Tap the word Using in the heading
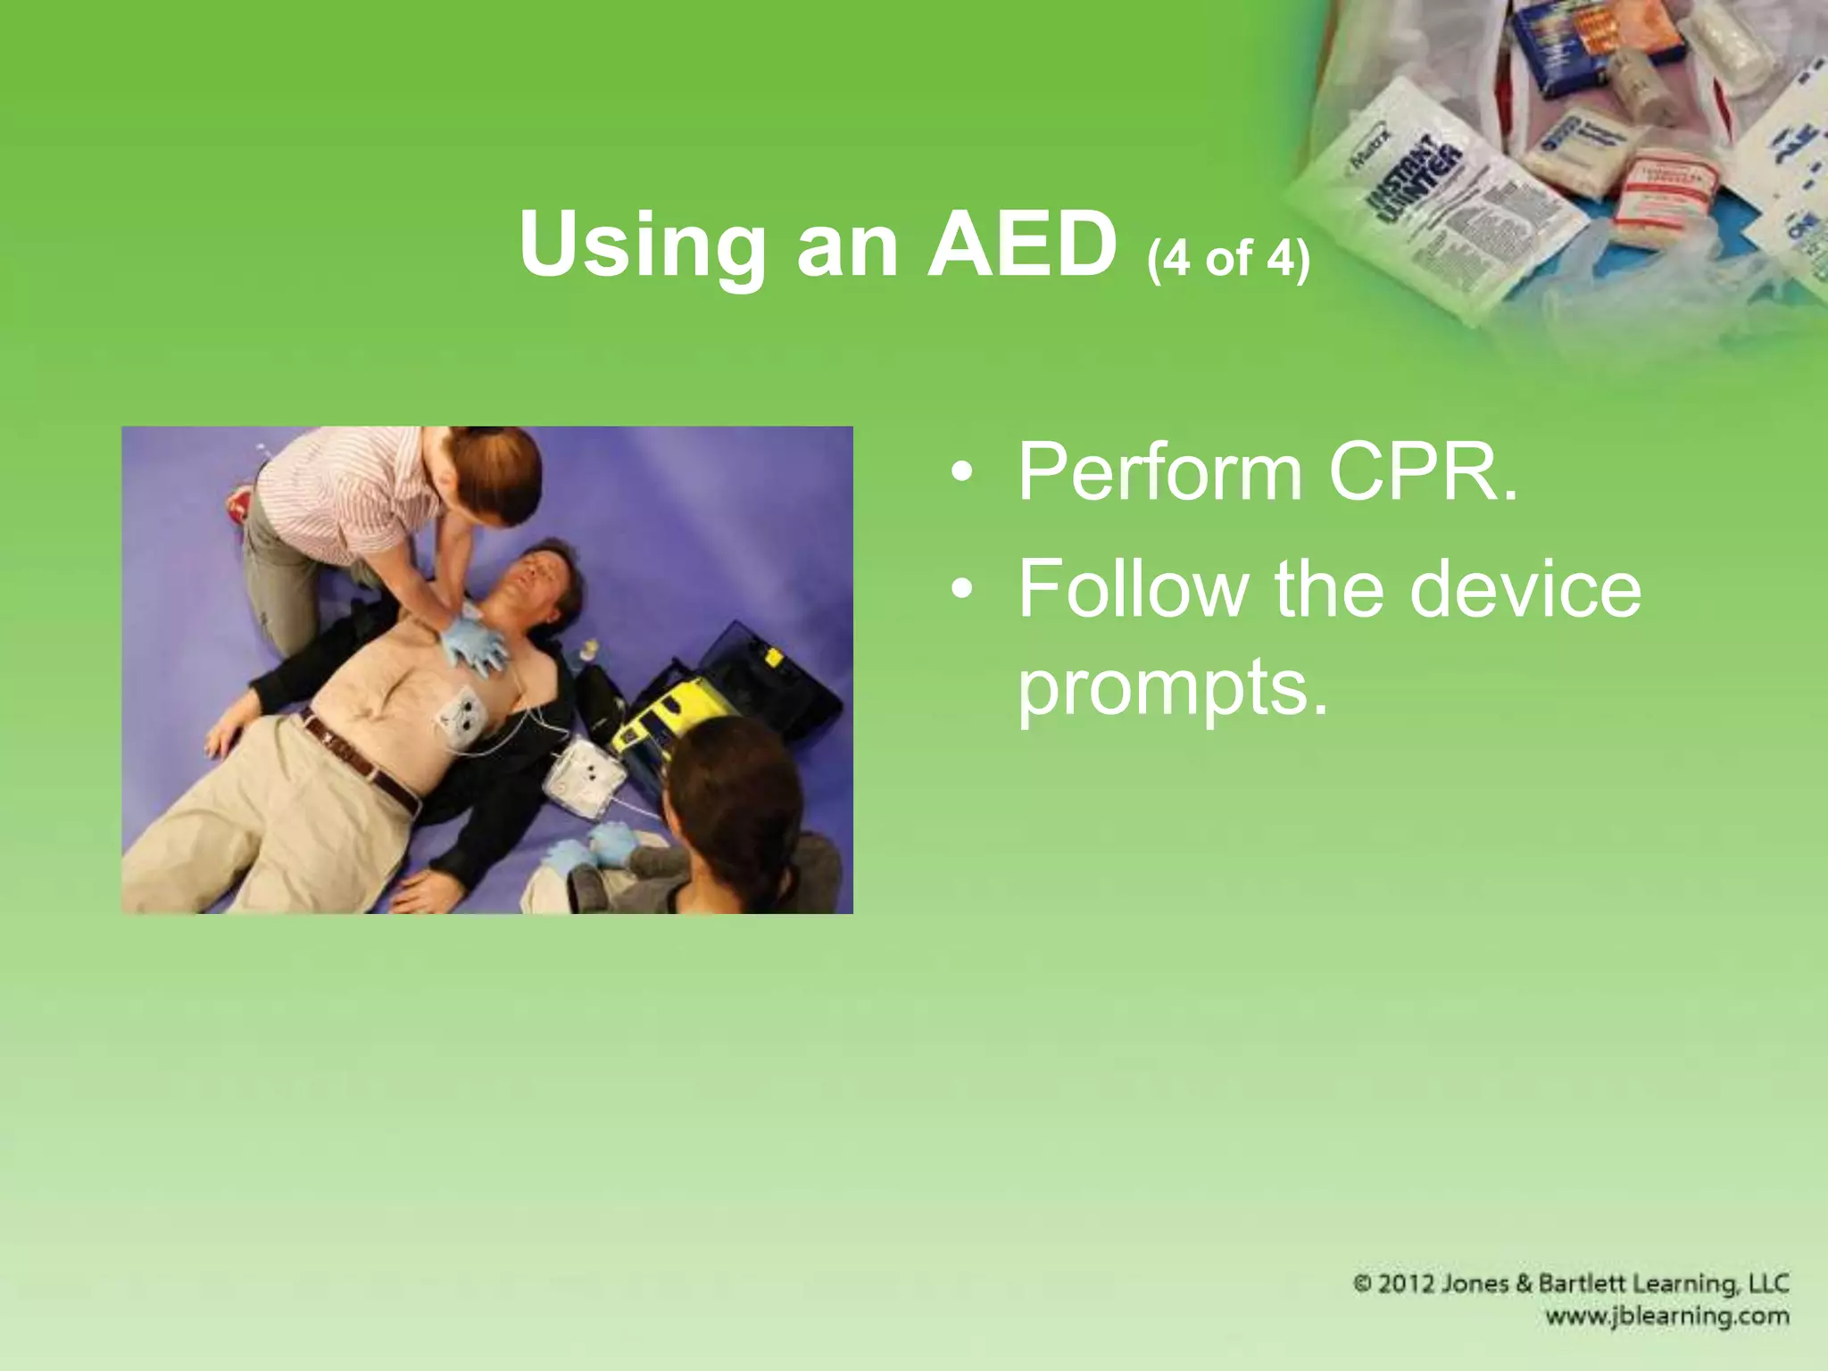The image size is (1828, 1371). click(640, 248)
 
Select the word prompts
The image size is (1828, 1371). click(1172, 689)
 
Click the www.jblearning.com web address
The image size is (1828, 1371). click(1667, 1317)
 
